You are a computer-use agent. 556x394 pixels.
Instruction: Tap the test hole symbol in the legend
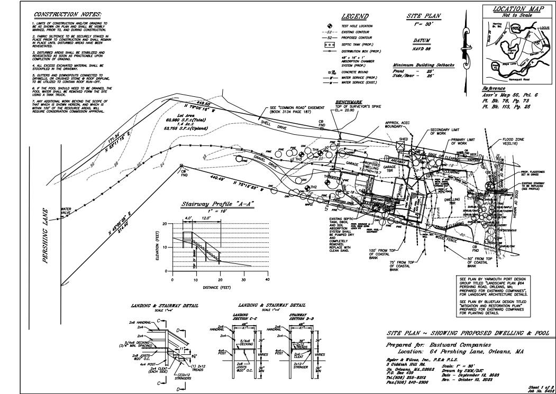329,26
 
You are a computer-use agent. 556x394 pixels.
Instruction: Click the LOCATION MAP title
515,9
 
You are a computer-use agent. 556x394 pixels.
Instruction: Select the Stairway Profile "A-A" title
218,205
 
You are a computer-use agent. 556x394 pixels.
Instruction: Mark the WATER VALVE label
66,210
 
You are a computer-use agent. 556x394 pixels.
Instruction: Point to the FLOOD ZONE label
514,142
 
